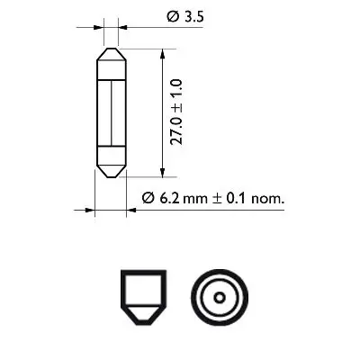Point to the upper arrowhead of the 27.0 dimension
[161, 53]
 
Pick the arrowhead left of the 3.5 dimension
[99, 27]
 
